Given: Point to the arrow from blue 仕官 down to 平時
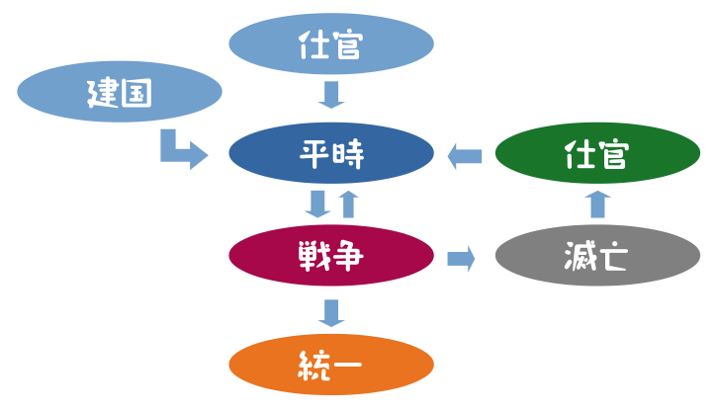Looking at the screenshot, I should (x=331, y=96).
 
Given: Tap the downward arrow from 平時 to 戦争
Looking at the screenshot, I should (x=317, y=204).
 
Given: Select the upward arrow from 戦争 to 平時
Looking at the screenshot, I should (x=347, y=204).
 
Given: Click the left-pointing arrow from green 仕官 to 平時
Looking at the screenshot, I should (x=464, y=155).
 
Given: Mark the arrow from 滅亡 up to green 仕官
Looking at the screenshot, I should (x=597, y=205).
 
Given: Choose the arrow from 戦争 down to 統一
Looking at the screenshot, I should (x=331, y=312).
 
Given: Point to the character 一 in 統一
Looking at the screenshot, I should (x=348, y=366).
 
